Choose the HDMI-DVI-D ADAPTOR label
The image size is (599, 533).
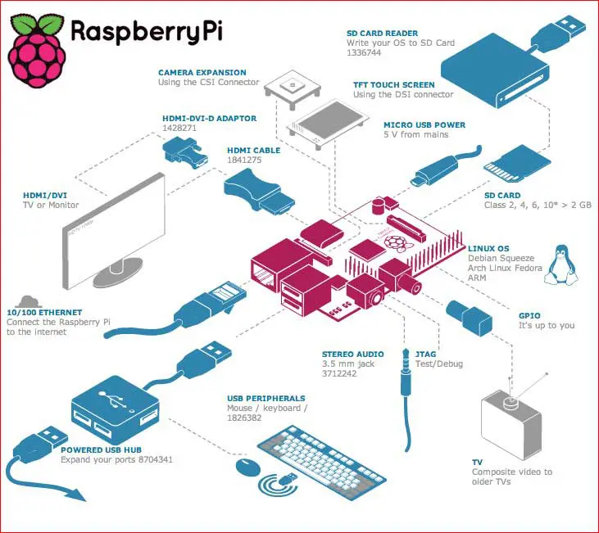(209, 119)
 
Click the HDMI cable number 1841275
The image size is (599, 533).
(245, 161)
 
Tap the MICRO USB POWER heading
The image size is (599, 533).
(424, 125)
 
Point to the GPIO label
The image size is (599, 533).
(529, 314)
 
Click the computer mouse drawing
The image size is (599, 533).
(247, 467)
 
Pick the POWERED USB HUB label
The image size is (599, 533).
(97, 449)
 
